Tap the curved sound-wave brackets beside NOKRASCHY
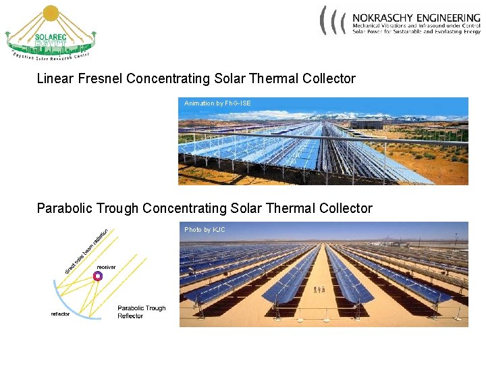tap(333, 20)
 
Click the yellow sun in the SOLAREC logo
tap(51, 14)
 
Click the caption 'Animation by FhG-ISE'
tap(217, 103)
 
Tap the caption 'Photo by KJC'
tap(205, 230)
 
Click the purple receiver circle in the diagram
tap(97, 276)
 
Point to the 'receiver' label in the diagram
tap(106, 267)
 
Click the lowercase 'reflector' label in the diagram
tap(60, 314)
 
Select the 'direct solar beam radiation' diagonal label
tap(87, 251)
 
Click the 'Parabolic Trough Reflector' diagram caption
tap(141, 312)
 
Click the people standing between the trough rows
tap(320, 289)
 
